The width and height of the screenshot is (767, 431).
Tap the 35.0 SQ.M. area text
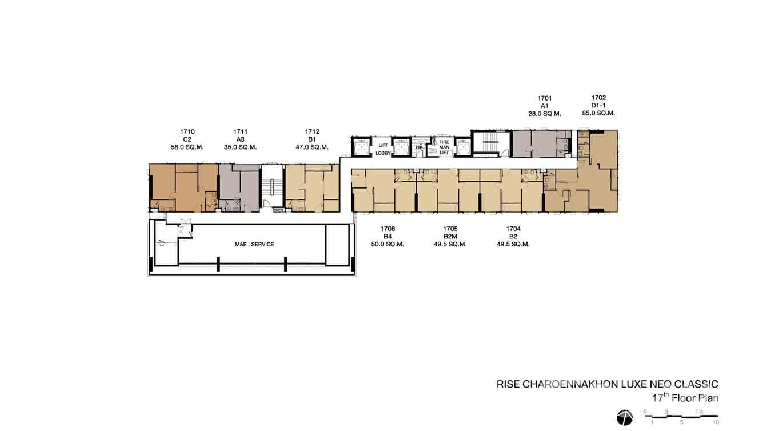tap(240, 147)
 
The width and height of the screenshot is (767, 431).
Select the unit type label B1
tap(312, 139)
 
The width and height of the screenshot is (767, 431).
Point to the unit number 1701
tap(545, 98)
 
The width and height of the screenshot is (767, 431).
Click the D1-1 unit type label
tap(598, 105)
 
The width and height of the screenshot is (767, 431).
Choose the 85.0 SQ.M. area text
tap(598, 113)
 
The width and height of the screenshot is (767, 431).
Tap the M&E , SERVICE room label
tap(254, 244)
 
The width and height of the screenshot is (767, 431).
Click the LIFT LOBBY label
tap(382, 149)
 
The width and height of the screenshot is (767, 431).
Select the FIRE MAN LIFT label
tap(444, 147)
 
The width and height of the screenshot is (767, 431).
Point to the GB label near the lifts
tap(419, 147)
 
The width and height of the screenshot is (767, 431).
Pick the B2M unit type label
tap(450, 237)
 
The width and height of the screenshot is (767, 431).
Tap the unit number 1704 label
tap(513, 229)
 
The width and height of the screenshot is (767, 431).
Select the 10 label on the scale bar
tap(716, 422)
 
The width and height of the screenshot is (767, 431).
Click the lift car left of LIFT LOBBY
tap(362, 147)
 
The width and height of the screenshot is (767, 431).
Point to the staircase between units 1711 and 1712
tap(272, 187)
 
